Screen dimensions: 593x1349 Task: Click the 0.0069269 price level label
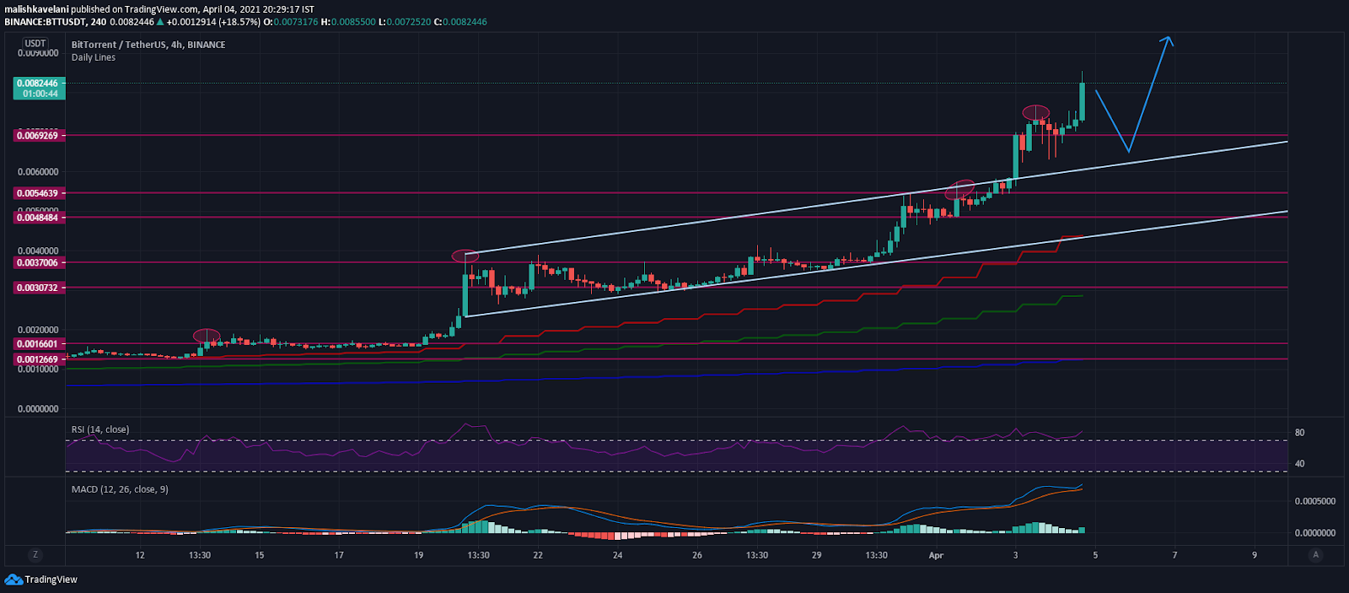[39, 136]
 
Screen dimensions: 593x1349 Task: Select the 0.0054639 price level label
[39, 193]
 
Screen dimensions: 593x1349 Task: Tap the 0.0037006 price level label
[39, 263]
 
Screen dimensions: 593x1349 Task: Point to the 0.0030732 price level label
[39, 288]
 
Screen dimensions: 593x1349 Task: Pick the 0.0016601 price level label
[39, 344]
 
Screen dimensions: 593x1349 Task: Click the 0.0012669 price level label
[39, 359]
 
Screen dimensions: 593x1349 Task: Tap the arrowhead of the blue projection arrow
[1168, 39]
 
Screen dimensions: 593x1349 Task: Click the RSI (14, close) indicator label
[100, 429]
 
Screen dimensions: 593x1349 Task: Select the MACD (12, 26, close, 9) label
[120, 489]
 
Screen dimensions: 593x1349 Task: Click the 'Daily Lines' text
[94, 57]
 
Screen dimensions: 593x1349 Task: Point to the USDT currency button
[35, 43]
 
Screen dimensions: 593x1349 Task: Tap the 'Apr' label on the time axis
[936, 555]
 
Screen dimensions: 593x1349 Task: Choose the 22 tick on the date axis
[538, 555]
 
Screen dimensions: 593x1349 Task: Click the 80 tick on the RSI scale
[1299, 433]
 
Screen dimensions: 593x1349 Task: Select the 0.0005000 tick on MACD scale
[1314, 501]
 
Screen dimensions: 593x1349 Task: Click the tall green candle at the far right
[1082, 101]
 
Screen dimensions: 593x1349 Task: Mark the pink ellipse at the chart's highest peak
[1036, 112]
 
